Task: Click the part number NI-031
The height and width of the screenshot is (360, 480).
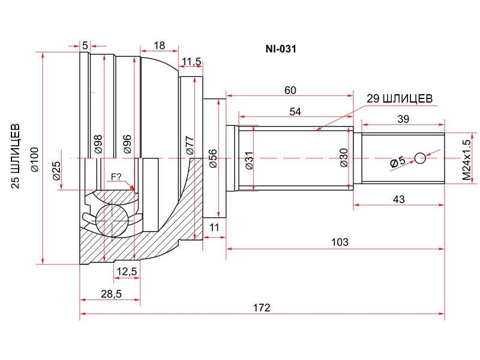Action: [281, 49]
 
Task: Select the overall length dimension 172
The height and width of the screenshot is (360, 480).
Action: [262, 307]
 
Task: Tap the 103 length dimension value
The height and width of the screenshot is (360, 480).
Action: [340, 242]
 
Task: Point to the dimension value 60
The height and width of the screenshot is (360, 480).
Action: [290, 91]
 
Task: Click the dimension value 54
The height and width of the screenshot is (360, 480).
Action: [295, 112]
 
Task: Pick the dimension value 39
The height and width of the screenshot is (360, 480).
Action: [403, 119]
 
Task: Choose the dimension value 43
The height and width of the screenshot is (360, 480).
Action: [398, 199]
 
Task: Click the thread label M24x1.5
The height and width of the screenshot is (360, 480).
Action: [466, 160]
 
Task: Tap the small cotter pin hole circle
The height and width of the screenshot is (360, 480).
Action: [421, 158]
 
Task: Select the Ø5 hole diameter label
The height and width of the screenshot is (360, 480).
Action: [398, 162]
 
